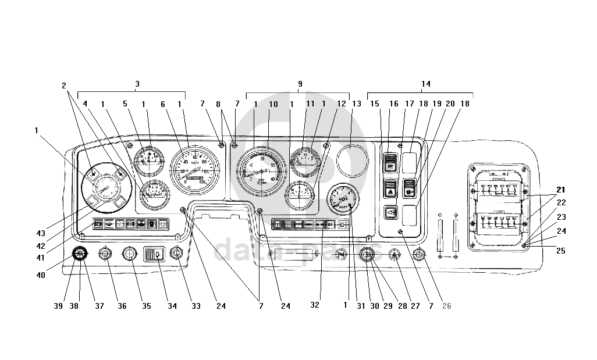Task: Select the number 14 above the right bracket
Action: [x=426, y=84]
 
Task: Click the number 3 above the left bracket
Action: [x=137, y=84]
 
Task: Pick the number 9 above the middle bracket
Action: [x=300, y=84]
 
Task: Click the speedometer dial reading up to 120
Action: [x=194, y=169]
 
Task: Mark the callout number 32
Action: [x=315, y=305]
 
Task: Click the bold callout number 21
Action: [x=560, y=190]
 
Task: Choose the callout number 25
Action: [x=560, y=251]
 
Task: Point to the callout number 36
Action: [x=122, y=305]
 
